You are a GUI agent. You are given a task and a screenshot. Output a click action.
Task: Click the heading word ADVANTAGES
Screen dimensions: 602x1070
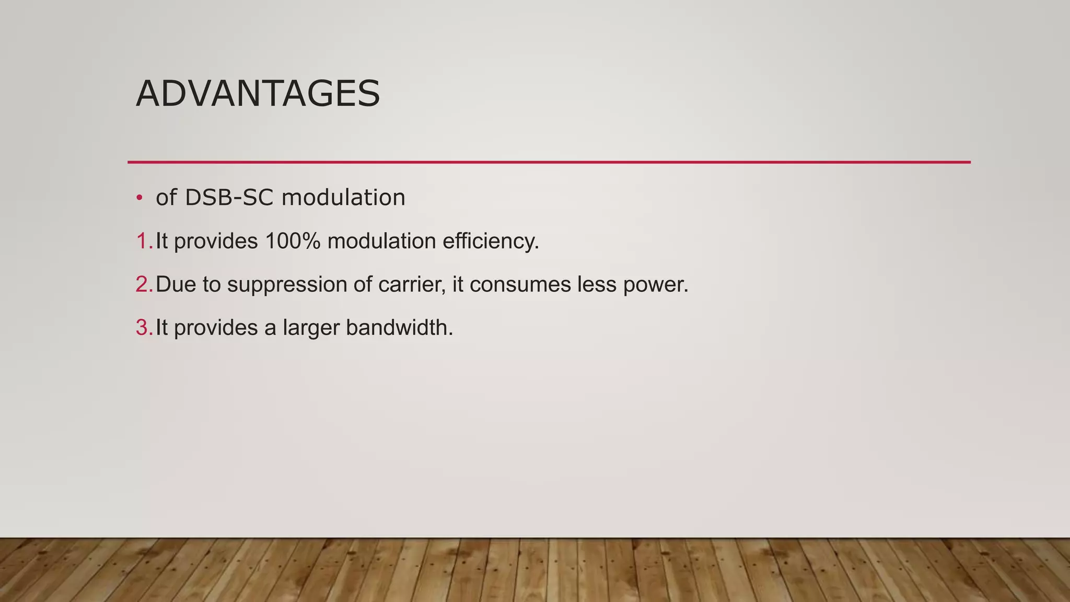[x=258, y=94]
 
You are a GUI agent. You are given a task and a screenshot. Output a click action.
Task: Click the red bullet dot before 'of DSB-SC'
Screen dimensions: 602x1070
[x=139, y=198]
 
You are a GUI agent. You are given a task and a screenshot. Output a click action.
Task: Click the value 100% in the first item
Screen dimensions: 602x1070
[x=293, y=241]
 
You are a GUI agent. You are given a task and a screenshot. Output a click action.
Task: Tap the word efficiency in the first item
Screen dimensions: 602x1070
[x=490, y=241]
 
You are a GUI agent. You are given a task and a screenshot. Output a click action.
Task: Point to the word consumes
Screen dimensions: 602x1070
[x=519, y=285]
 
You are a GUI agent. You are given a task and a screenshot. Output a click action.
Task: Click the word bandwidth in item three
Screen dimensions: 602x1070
[x=399, y=328]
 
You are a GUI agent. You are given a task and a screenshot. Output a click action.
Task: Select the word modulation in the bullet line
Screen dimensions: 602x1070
[x=343, y=198]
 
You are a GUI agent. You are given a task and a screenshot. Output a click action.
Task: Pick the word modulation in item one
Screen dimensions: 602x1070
[x=381, y=241]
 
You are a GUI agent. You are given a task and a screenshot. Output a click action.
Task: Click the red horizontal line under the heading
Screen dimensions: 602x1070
[x=549, y=163]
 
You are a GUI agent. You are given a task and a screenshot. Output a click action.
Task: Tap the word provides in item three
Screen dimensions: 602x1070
[x=216, y=328]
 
